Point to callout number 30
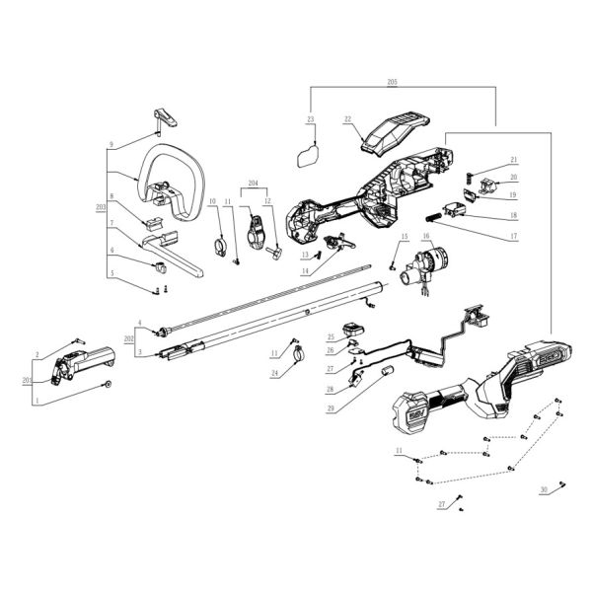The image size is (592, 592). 544,490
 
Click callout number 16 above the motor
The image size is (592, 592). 427,237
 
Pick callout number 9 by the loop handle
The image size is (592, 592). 111,144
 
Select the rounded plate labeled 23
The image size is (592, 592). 309,151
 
